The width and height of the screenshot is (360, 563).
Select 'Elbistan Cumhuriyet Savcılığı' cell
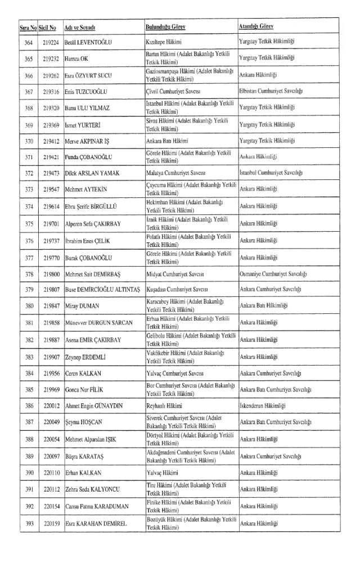coord(275,91)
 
